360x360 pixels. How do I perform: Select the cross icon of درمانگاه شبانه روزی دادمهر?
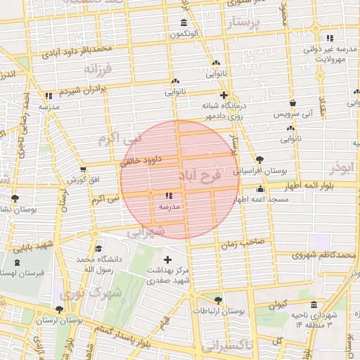click(224, 95)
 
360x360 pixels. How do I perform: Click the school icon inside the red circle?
click(169, 196)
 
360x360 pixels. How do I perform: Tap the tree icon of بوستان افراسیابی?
click(260, 160)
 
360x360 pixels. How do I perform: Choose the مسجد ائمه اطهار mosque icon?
click(260, 189)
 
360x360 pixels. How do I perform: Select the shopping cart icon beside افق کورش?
click(84, 169)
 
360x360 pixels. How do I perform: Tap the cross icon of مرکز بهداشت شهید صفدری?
click(167, 259)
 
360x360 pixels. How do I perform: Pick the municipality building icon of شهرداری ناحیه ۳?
click(313, 305)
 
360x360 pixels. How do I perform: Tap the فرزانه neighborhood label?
click(98, 70)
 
